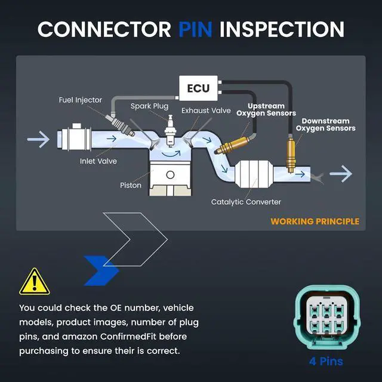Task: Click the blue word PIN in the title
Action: tap(195, 29)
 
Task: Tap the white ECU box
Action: tap(198, 88)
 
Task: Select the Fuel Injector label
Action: tap(81, 100)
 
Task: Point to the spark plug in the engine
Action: tap(170, 131)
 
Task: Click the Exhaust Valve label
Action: tap(206, 110)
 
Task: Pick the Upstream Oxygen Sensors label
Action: tap(266, 110)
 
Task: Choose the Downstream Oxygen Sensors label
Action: tap(326, 125)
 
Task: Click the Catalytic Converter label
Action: tap(246, 202)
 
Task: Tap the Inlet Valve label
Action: tap(98, 161)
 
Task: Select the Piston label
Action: tap(131, 186)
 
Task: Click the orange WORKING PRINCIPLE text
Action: tap(315, 221)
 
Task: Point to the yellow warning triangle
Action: tap(35, 282)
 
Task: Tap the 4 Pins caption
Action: tap(326, 361)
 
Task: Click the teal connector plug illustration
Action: tap(326, 318)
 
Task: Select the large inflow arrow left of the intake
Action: tap(38, 139)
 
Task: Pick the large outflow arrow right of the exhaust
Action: tap(341, 174)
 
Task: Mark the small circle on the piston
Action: tap(170, 175)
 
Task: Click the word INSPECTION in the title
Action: tap(282, 29)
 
